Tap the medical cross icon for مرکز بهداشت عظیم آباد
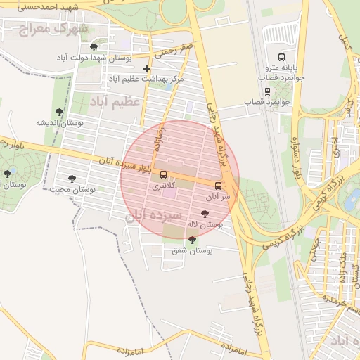click(146, 68)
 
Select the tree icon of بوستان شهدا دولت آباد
click(94, 47)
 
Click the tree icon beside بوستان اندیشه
click(60, 110)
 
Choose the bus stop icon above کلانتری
click(164, 174)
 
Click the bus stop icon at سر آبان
click(217, 186)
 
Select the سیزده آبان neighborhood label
click(154, 214)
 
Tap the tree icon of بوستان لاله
click(205, 213)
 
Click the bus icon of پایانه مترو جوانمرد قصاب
click(282, 57)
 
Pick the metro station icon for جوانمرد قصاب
click(267, 91)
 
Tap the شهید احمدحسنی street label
click(41, 6)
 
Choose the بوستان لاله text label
click(204, 224)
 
